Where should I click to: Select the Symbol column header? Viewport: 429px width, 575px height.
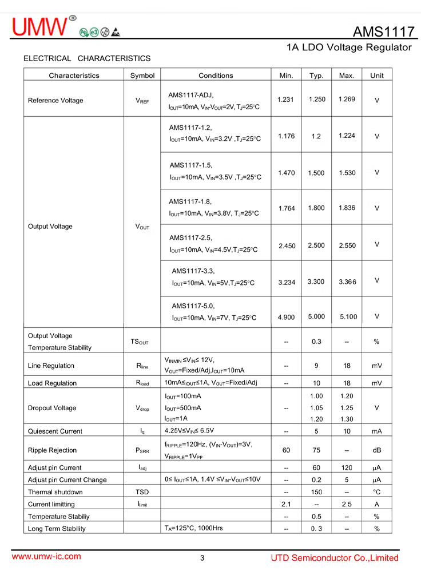tap(142, 76)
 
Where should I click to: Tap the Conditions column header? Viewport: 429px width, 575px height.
tap(216, 76)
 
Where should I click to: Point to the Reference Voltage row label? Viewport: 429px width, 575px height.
tap(55, 101)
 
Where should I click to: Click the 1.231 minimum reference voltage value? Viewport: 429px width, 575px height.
tap(285, 100)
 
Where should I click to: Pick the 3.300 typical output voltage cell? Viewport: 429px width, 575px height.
tap(316, 281)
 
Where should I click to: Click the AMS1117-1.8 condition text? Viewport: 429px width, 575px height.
tap(190, 201)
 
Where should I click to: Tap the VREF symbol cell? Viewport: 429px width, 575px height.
tap(142, 101)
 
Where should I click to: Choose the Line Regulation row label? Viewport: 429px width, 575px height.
tap(51, 366)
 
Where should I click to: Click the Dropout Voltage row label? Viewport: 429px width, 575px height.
tap(52, 409)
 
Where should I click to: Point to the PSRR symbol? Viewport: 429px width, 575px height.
tap(142, 451)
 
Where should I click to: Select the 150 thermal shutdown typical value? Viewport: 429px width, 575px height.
tap(316, 492)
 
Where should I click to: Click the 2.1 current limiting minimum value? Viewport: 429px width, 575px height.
tap(286, 504)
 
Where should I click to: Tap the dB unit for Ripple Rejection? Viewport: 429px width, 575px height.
tap(376, 451)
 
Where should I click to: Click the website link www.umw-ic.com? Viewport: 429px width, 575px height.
tap(46, 556)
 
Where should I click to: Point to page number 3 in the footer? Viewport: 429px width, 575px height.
tap(202, 558)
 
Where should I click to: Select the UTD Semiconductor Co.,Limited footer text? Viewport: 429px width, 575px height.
tap(335, 558)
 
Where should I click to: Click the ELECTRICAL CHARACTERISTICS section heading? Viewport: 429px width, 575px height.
tap(87, 58)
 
